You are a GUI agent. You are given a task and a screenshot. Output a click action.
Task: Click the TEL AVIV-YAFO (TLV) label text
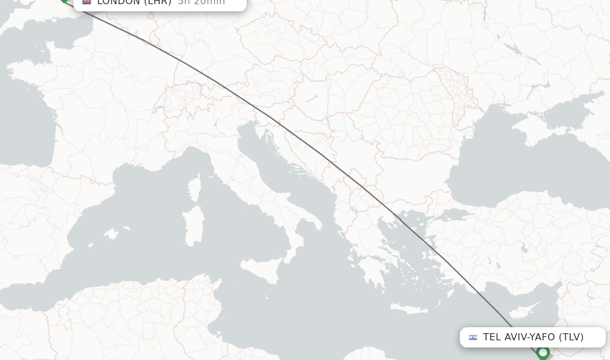tap(533, 337)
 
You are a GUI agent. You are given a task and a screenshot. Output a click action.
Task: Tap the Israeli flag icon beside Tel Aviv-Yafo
tap(473, 337)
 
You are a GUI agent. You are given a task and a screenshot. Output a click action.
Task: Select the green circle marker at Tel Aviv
tap(543, 353)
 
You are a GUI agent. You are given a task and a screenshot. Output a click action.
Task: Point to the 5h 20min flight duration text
tap(201, 2)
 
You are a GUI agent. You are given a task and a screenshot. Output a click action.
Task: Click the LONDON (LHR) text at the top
tap(134, 2)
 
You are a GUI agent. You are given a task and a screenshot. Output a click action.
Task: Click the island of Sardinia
tap(194, 226)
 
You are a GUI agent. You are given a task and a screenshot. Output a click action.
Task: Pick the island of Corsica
tap(194, 188)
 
